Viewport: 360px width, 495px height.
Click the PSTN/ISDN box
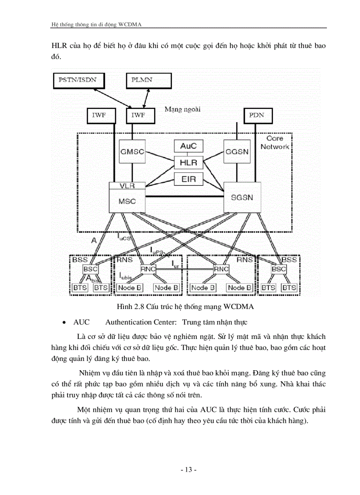point(77,80)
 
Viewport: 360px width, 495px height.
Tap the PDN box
point(258,115)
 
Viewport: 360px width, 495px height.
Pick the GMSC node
point(132,151)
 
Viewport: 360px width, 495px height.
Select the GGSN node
point(237,151)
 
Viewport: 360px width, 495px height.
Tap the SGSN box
point(242,197)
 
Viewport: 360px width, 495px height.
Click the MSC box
point(127,201)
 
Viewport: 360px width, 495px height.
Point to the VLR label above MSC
point(127,186)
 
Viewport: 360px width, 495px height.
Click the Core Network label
point(274,142)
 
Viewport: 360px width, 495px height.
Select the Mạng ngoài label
point(182,109)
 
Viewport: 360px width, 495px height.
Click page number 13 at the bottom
point(188,469)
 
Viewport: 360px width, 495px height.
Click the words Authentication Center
point(141,322)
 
